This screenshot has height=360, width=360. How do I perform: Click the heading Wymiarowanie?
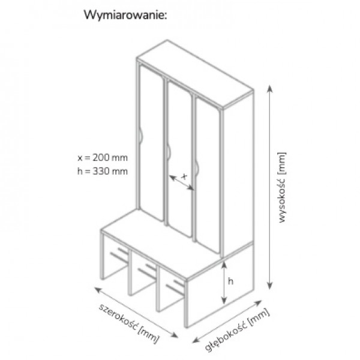tap(125, 16)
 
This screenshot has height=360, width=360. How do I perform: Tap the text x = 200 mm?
tap(103, 158)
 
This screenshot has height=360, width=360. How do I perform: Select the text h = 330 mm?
tap(103, 171)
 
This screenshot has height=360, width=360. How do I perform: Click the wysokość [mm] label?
tap(282, 187)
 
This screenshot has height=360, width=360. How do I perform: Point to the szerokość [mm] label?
tap(129, 323)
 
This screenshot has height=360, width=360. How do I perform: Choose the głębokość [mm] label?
tap(237, 330)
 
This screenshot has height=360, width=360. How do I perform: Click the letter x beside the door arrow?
tap(184, 176)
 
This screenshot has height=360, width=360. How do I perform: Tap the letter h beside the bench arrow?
tap(230, 281)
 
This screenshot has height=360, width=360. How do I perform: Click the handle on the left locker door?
tap(140, 137)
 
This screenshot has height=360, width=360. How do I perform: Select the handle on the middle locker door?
tap(169, 152)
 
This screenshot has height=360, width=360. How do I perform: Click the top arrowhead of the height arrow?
tap(270, 88)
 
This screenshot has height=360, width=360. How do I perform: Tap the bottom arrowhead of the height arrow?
tap(270, 286)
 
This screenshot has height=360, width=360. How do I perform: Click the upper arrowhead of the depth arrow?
tap(259, 302)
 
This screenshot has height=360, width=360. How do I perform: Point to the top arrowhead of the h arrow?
tap(224, 265)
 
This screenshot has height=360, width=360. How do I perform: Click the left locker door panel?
tap(152, 143)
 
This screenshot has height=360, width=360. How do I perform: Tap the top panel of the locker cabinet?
tap(195, 73)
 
